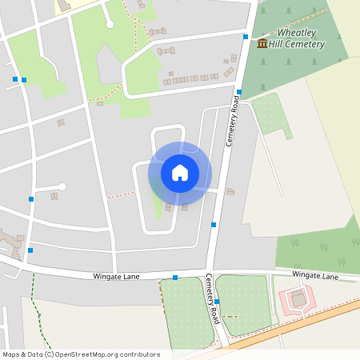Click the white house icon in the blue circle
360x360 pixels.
179,172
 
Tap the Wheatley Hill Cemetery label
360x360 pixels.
301,38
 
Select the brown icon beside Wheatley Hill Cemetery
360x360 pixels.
262,42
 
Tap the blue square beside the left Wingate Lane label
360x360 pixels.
175,278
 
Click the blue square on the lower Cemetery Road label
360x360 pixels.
217,302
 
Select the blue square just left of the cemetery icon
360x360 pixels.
245,37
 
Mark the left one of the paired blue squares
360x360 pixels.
15,79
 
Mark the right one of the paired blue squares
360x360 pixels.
24,80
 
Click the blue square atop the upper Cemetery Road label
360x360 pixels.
239,92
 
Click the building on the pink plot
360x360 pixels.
298,299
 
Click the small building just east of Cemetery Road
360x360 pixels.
230,191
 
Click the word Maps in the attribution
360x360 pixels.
12,354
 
